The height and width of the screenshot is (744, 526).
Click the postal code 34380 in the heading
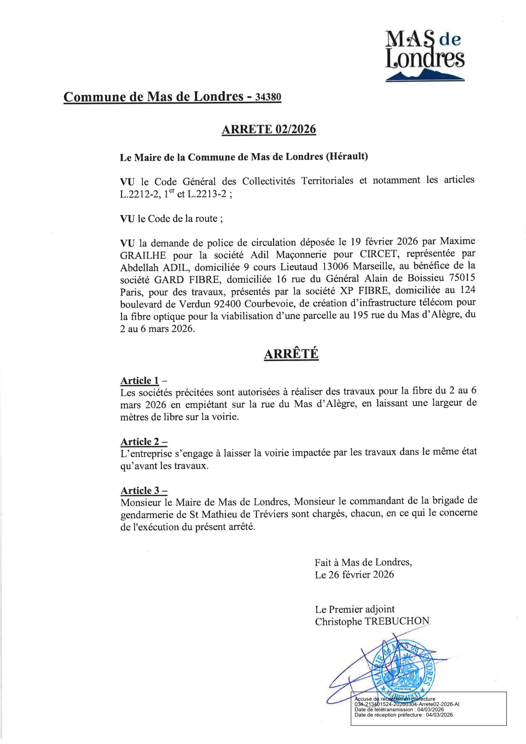tap(268, 97)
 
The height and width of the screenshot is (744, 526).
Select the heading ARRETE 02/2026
tap(269, 129)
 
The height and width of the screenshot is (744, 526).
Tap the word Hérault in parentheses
tap(346, 157)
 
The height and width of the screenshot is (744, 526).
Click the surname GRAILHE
tap(143, 256)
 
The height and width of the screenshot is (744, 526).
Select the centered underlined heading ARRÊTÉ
tap(291, 354)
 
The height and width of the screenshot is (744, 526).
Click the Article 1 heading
tap(140, 380)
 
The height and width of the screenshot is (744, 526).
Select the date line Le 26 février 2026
tap(354, 575)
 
